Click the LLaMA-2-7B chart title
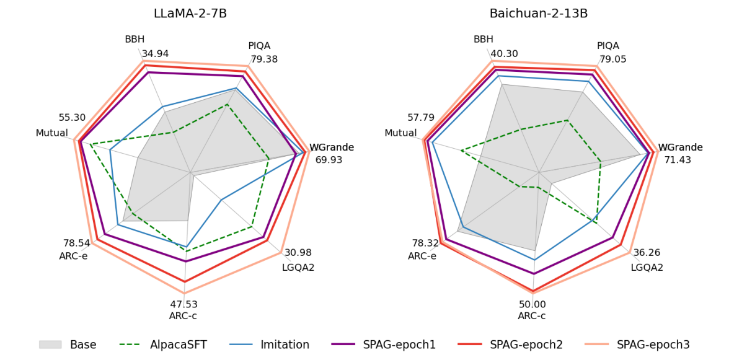(x=190, y=14)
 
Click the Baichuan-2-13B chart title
(x=539, y=14)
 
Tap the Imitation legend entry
(x=285, y=345)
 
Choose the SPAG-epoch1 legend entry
(x=399, y=345)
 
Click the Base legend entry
(x=82, y=345)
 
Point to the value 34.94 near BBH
(x=155, y=54)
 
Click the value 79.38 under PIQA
(x=264, y=59)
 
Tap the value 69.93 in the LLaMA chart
(x=329, y=160)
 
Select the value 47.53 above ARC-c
(x=183, y=304)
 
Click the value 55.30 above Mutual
(x=72, y=118)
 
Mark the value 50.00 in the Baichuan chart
(x=532, y=304)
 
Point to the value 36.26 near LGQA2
(x=647, y=253)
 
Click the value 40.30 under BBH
(x=504, y=54)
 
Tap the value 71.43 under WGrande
(x=678, y=160)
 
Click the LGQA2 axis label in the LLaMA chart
(x=298, y=268)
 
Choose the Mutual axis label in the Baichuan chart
(x=400, y=133)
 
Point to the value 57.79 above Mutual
(x=421, y=118)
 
